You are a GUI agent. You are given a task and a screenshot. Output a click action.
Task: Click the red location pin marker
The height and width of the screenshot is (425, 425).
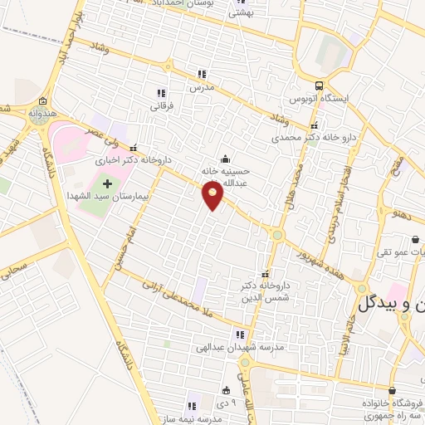(x=213, y=195)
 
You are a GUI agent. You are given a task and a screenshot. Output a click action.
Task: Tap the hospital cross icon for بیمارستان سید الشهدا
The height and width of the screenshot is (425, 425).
(x=106, y=181)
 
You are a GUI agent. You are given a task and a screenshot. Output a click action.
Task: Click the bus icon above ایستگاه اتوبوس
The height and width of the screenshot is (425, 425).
(x=320, y=85)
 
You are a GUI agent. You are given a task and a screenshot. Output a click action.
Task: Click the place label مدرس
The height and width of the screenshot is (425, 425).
(x=201, y=87)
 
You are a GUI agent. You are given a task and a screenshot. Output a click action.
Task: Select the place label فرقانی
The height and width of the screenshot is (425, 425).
(x=160, y=106)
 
